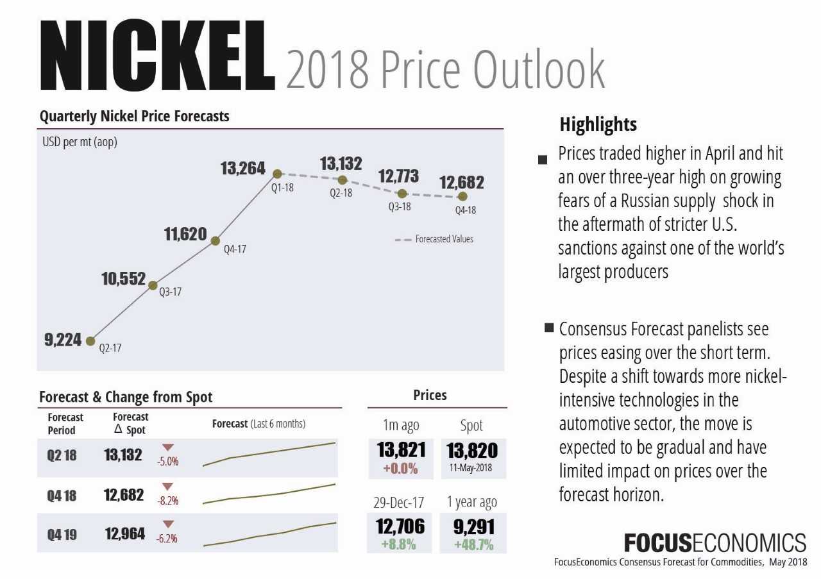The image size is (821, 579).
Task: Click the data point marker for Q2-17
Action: (x=90, y=340)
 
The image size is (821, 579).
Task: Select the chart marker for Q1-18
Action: (x=277, y=173)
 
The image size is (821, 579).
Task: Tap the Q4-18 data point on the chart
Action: (x=462, y=196)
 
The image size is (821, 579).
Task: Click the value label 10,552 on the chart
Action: (x=123, y=279)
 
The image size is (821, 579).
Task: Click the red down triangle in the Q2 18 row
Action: (x=168, y=448)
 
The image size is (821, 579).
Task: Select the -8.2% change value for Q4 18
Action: (x=167, y=501)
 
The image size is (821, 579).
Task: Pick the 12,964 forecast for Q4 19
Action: (x=124, y=533)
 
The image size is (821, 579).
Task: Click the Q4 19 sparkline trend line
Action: (x=269, y=534)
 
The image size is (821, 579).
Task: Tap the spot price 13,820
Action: (x=471, y=451)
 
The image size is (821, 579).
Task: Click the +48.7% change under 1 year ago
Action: (x=473, y=545)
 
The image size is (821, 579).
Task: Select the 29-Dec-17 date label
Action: (x=398, y=503)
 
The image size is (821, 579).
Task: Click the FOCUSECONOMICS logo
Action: (x=715, y=544)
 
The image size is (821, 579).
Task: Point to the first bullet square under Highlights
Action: (x=543, y=158)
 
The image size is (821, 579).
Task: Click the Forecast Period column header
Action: (x=65, y=424)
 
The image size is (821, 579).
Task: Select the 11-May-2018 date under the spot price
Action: (x=471, y=467)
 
